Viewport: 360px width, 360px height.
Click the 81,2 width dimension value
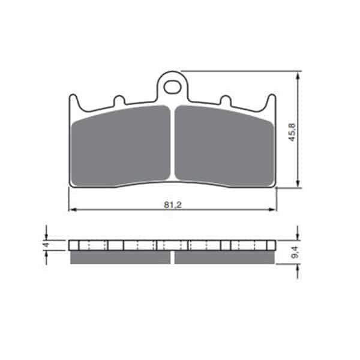(x=173, y=205)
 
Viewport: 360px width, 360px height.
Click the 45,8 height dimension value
(x=292, y=132)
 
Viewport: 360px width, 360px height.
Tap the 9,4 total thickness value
(x=295, y=252)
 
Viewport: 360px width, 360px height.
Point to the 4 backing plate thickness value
(x=46, y=245)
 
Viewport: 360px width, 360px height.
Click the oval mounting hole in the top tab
(x=172, y=87)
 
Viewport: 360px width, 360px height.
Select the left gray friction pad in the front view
(x=121, y=146)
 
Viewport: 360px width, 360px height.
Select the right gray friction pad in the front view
(x=224, y=146)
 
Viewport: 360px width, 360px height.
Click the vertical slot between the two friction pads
(x=173, y=142)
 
